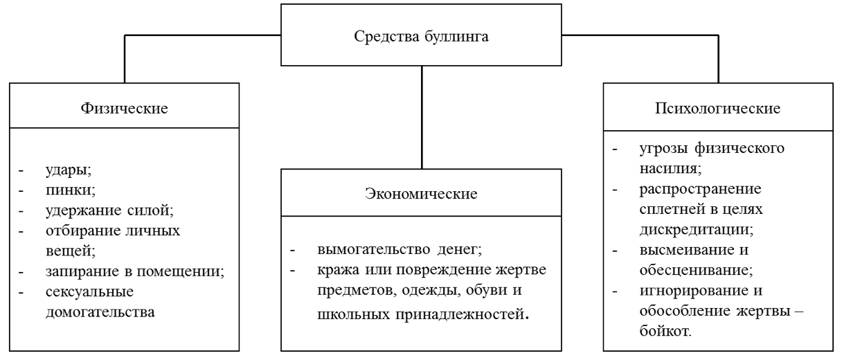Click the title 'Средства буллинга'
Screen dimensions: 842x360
[x=421, y=37]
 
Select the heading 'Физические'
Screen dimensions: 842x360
[x=124, y=108]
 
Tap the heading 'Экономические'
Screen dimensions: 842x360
[x=421, y=194]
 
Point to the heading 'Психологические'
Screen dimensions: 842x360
[x=717, y=108]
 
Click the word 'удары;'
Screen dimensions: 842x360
[x=69, y=170]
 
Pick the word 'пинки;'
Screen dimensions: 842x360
[x=71, y=190]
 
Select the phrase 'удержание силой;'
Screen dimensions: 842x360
[x=110, y=210]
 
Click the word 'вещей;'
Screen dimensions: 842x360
[x=71, y=251]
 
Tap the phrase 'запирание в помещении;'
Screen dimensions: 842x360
[x=135, y=271]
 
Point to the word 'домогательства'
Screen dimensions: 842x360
[x=100, y=312]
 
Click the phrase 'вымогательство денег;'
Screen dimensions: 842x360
[x=400, y=249]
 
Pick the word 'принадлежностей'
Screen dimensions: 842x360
[x=460, y=314]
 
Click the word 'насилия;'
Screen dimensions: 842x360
[x=670, y=168]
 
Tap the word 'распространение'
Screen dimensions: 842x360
[x=700, y=189]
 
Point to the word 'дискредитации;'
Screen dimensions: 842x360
[x=697, y=230]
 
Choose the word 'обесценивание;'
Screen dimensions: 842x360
[x=696, y=270]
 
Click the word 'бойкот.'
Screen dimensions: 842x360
[x=665, y=331]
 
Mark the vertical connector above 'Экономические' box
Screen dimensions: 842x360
[x=422, y=117]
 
